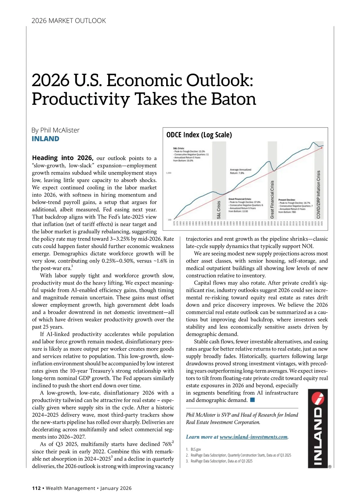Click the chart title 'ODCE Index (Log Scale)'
(x=199, y=135)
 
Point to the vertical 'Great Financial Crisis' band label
(x=272, y=199)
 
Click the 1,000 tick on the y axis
(x=169, y=173)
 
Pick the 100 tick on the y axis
(x=169, y=220)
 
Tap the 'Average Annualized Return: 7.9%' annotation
(x=241, y=171)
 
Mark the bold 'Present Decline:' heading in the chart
(x=287, y=200)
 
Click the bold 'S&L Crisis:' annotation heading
(x=179, y=148)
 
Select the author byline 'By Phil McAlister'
(x=55, y=130)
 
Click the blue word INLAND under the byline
(x=46, y=139)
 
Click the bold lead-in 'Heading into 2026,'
(x=63, y=158)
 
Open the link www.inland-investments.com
(x=253, y=437)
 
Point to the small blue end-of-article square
(x=252, y=400)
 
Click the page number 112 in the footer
(x=36, y=488)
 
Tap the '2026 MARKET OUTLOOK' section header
(x=69, y=21)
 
